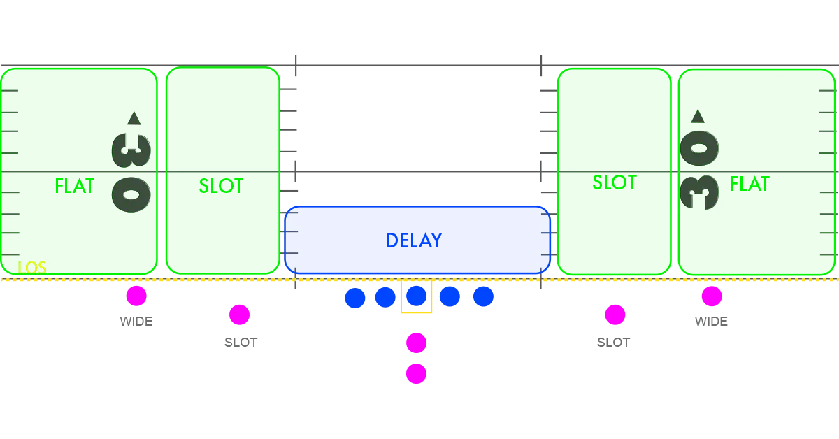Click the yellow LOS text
[32, 267]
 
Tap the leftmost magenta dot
[136, 296]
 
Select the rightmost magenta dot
[712, 296]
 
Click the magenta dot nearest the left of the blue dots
[240, 315]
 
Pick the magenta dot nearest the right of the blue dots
[615, 315]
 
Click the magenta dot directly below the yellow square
[416, 343]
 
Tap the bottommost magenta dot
[416, 374]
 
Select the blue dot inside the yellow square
[416, 297]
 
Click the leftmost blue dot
[355, 298]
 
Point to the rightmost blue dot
[483, 297]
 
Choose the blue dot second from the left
[385, 297]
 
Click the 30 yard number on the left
[131, 172]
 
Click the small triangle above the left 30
[134, 118]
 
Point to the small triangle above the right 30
[697, 116]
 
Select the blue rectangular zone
[417, 239]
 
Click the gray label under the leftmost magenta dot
[136, 322]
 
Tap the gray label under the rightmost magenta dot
[712, 322]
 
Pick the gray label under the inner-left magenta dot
[243, 341]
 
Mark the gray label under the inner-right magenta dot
[612, 341]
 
